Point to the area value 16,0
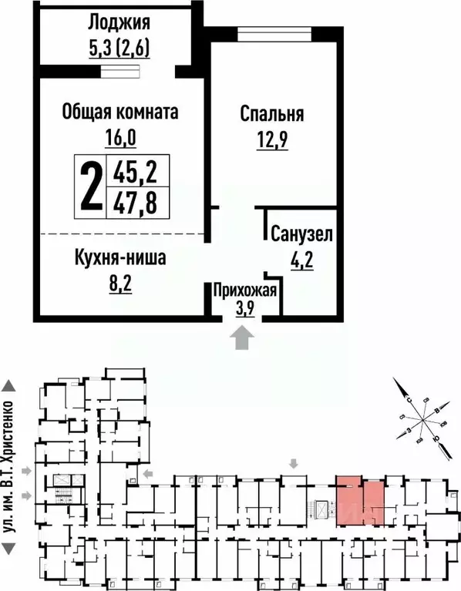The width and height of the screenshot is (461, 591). [x=119, y=139]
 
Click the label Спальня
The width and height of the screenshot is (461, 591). [x=272, y=115]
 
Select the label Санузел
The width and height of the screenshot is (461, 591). [x=301, y=233]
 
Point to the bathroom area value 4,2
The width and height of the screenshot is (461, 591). [x=301, y=258]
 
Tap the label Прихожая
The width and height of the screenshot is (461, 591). [x=244, y=290]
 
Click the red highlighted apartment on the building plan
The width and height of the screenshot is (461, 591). [x=359, y=502]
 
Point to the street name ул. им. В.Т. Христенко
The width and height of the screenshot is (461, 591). [x=10, y=468]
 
